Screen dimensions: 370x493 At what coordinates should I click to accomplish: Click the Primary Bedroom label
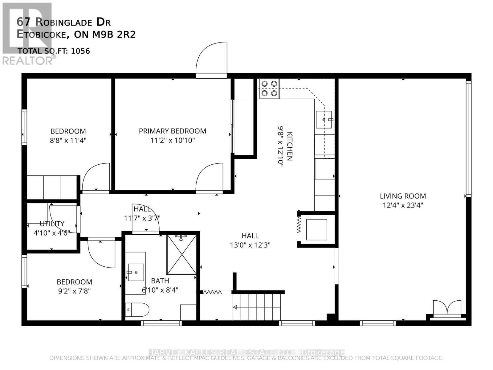click(173, 131)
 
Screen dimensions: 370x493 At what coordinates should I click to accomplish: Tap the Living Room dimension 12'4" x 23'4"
click(403, 205)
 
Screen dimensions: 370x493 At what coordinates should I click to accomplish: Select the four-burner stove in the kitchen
click(269, 88)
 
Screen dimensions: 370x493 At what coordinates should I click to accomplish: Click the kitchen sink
click(324, 120)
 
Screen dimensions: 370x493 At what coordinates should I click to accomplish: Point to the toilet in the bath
click(137, 310)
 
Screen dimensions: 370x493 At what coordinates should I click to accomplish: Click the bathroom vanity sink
click(136, 272)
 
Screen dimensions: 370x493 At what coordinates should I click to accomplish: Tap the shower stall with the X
click(181, 254)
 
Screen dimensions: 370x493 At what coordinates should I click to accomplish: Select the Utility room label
click(52, 224)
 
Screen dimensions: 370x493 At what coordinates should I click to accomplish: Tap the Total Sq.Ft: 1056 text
click(54, 51)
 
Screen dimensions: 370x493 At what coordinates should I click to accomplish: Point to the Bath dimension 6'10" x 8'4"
click(160, 290)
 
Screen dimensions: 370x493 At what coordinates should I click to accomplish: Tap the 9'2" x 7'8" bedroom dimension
click(74, 291)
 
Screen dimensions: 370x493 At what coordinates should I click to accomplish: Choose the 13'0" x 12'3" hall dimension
click(250, 245)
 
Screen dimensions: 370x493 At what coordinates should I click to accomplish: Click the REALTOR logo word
click(28, 61)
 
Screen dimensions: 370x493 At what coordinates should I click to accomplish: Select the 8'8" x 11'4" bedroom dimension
click(68, 141)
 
